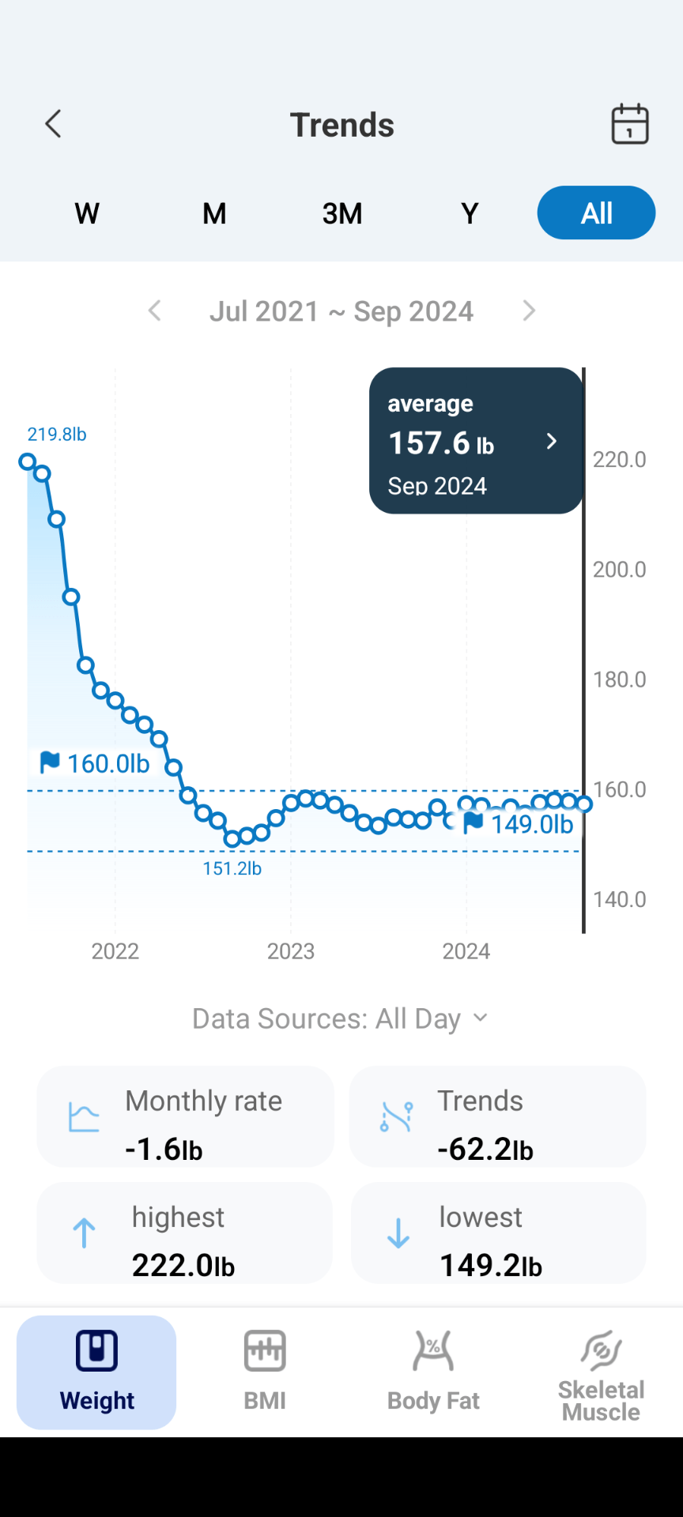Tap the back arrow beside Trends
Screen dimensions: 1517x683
53,124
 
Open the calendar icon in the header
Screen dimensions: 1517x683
630,124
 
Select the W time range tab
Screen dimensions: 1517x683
87,213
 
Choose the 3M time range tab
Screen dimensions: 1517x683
342,213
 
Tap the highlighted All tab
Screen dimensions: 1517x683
596,213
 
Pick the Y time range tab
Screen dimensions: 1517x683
470,213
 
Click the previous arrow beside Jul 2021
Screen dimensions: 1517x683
155,311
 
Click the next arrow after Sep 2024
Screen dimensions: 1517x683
529,311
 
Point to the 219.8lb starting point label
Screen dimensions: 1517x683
57,435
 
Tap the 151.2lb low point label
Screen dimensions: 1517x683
232,869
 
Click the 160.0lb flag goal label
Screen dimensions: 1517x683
95,763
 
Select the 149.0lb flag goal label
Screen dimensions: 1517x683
519,824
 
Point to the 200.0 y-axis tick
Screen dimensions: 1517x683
619,570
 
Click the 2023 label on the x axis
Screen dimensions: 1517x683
290,951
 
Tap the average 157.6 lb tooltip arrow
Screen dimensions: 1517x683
552,442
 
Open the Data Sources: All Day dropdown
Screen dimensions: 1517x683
341,1018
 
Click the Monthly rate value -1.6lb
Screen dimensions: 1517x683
164,1149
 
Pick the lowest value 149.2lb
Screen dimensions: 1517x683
491,1265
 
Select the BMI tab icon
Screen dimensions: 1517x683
265,1351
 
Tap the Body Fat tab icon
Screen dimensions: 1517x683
433,1351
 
